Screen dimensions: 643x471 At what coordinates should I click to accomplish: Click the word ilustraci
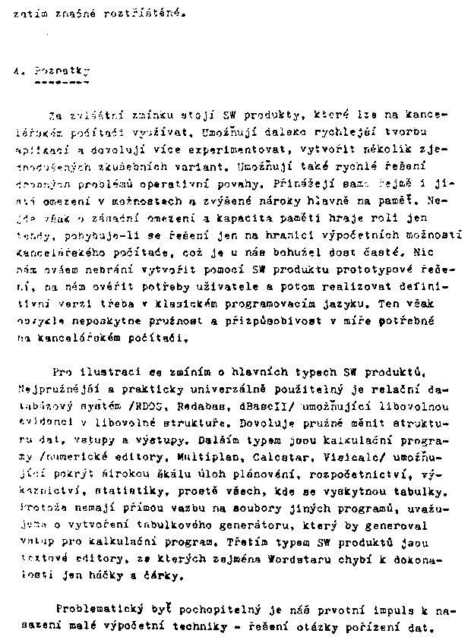114,374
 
